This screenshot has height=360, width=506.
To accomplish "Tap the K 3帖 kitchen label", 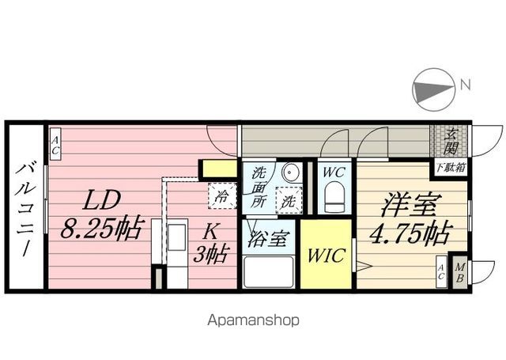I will tap(212, 243).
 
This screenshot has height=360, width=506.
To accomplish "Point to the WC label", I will tap(334, 172).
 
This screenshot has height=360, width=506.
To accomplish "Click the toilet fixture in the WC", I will tap(334, 195).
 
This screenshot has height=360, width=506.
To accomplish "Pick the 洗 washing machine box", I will tap(289, 200).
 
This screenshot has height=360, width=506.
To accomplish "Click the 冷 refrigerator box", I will tap(223, 195).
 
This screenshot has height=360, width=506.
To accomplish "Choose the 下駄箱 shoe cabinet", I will tap(450, 168).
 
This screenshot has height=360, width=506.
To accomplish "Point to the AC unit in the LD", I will tap(56, 144).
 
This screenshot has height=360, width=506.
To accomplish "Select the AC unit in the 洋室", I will tap(440, 273).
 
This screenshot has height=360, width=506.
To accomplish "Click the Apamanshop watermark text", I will tap(254, 320).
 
